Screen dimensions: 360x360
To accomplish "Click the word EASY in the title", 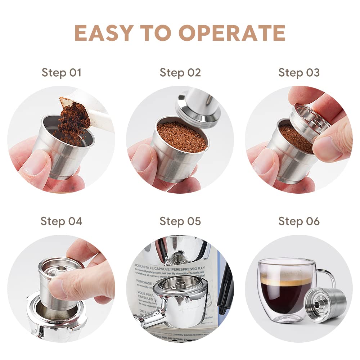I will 103,33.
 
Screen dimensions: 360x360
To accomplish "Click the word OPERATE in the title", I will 232,33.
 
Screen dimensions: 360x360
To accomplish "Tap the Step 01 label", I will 62,72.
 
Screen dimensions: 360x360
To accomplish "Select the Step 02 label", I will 180,72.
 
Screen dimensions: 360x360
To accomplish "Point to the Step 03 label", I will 299,72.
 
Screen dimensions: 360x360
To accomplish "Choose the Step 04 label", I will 62,221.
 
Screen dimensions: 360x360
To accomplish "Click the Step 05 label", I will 180,221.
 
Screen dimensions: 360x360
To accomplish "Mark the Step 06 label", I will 299,221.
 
